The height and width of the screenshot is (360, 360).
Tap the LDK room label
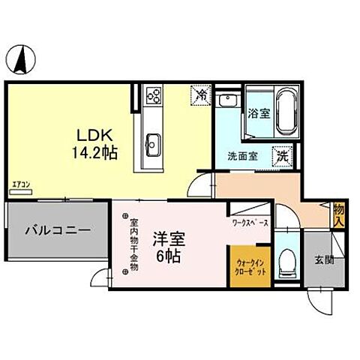tap(93, 136)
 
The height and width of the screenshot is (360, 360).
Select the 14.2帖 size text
tap(93, 152)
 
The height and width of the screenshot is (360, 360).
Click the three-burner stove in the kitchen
tap(154, 96)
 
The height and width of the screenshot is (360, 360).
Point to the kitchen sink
tap(154, 141)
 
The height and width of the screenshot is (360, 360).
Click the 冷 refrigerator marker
tap(200, 95)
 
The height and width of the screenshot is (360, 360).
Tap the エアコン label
tap(20, 184)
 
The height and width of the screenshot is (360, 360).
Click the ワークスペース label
tap(250, 223)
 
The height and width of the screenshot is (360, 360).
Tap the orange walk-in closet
tap(250, 267)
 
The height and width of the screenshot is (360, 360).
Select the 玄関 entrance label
tap(324, 260)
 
